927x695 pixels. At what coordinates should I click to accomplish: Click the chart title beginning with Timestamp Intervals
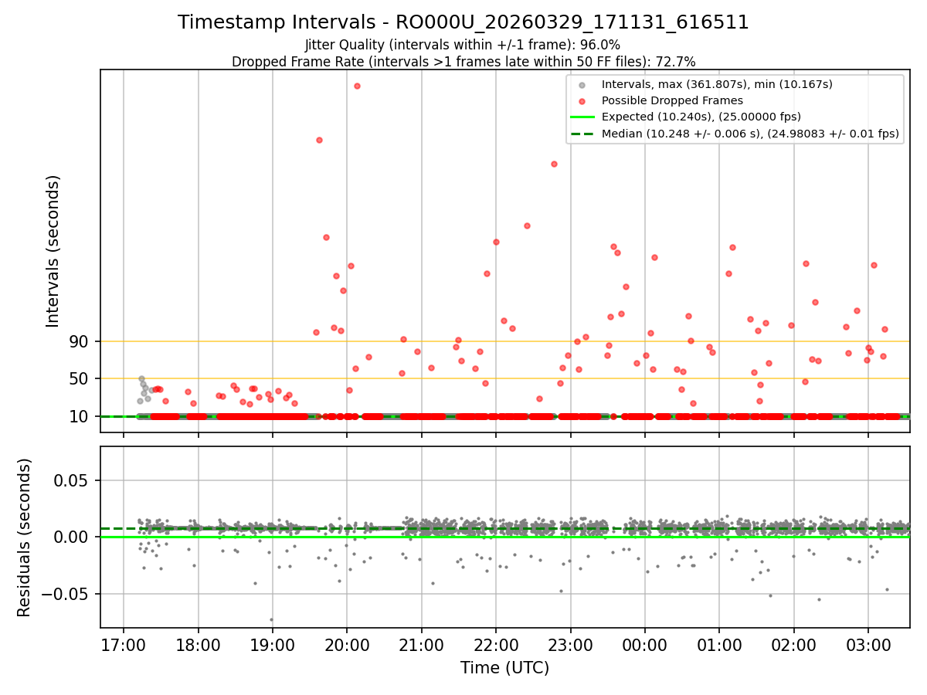coord(463,22)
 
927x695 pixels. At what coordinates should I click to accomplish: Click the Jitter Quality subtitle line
coord(463,45)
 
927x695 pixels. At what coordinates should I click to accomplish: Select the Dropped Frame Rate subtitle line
coord(463,62)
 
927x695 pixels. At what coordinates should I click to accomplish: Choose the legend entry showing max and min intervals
coord(717,83)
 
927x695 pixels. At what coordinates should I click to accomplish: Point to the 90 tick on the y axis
coord(80,341)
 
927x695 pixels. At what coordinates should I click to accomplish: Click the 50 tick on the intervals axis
coord(80,378)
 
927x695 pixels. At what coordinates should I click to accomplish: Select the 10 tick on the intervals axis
coord(80,416)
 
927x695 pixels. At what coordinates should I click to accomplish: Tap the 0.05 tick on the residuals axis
coord(74,480)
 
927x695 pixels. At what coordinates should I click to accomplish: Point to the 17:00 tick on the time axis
coord(124,645)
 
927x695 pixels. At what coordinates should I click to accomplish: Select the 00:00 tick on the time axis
coord(645,645)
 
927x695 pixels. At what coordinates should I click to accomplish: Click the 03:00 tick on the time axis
coord(868,645)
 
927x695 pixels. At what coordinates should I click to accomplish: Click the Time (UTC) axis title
coord(504,668)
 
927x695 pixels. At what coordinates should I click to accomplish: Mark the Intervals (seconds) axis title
coord(53,250)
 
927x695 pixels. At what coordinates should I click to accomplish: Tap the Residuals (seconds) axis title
coord(25,537)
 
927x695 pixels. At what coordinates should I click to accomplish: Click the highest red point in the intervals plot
coord(357,86)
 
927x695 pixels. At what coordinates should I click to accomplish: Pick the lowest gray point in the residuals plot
coord(271,619)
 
